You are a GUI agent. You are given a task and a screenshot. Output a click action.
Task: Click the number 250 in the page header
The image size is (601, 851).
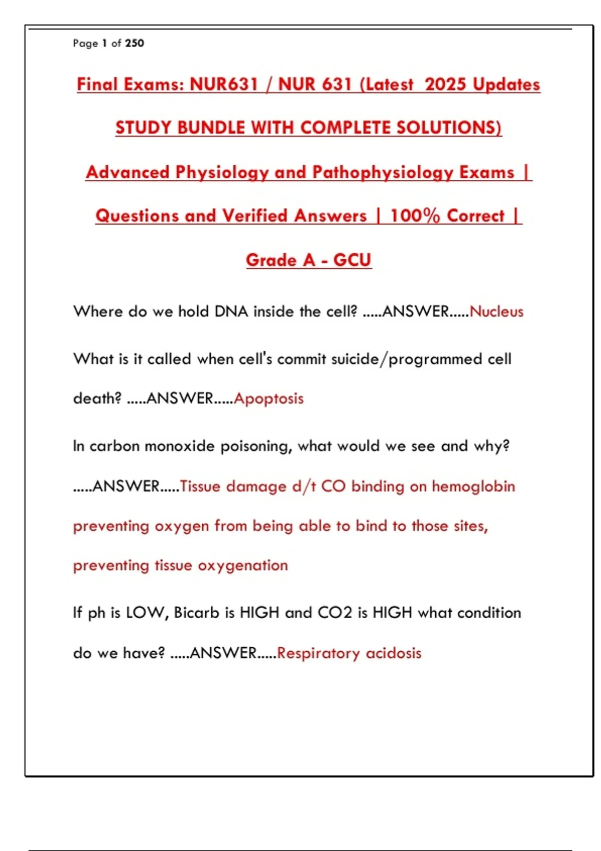coord(134,44)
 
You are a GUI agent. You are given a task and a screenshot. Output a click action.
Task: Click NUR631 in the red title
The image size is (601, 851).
coord(224,84)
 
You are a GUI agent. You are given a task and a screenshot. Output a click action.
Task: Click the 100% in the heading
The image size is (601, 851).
coord(415,216)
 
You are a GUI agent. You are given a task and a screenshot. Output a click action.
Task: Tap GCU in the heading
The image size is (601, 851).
coord(352,260)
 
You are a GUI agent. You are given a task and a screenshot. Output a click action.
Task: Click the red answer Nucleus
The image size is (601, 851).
coord(496,311)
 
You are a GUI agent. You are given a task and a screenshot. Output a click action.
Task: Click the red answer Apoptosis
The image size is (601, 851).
coord(268,398)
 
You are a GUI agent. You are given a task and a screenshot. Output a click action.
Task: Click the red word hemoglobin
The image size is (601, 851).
coord(473,486)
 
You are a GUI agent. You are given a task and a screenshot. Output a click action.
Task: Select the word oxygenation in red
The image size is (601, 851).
coord(243,566)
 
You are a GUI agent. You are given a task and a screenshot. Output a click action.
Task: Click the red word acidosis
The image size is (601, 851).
coord(394,653)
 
